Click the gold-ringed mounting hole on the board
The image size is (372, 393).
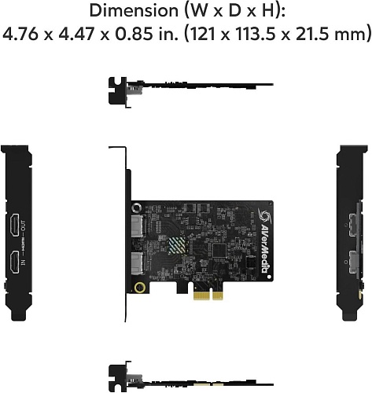coord(140,288)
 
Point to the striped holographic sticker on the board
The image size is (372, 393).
coord(181,249)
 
